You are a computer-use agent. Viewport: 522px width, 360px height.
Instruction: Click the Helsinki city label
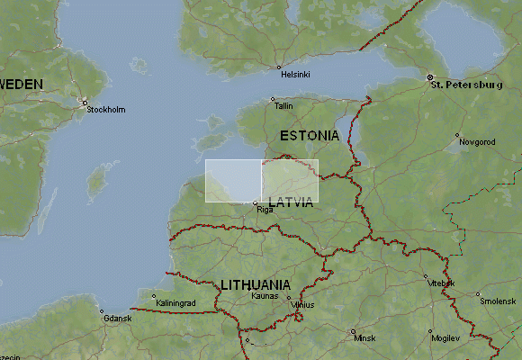295,75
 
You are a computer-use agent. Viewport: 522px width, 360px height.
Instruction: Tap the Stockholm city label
106,110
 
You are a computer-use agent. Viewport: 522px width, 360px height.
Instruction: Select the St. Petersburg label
466,85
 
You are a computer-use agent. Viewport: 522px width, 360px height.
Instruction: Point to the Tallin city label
283,106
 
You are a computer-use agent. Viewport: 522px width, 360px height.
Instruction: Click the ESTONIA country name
310,135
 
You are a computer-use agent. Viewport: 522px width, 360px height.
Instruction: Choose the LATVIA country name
291,202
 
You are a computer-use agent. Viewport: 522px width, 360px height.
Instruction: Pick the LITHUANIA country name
256,284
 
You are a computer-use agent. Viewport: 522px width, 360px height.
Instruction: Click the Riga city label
265,210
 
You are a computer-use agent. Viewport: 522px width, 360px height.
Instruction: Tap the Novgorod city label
477,142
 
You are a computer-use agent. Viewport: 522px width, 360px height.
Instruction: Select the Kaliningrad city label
175,304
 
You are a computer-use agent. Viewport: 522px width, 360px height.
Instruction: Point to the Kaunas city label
265,295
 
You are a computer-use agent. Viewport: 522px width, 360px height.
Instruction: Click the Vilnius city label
302,305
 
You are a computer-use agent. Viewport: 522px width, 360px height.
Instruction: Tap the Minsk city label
364,339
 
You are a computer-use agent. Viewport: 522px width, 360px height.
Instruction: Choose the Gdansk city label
117,319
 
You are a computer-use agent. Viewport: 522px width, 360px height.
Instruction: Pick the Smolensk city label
498,301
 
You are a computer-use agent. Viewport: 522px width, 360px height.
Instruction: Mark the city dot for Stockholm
85,101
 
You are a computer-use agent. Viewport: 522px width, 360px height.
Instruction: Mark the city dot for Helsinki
279,67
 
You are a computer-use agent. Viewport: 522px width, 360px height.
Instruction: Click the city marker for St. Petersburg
430,76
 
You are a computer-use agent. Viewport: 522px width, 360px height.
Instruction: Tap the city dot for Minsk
353,331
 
